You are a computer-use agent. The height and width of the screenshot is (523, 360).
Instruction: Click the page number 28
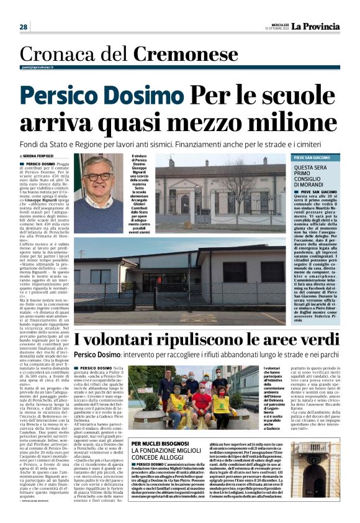pyautogui.click(x=23, y=27)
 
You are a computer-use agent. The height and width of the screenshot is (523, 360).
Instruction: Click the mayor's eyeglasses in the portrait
pyautogui.click(x=98, y=177)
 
